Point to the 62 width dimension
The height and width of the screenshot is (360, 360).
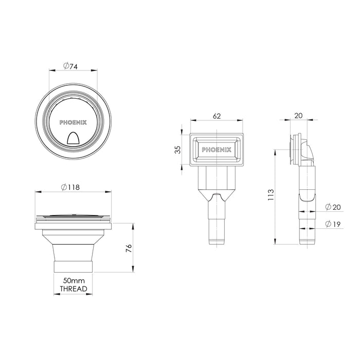(217, 117)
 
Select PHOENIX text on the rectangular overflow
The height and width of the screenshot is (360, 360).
(217, 150)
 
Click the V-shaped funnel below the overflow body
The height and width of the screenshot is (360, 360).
(217, 196)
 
